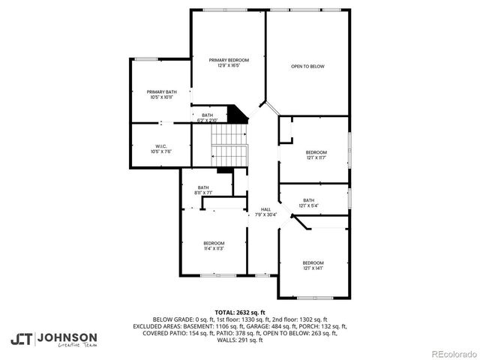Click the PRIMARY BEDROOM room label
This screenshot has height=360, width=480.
229,60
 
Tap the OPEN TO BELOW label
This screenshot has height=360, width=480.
307,67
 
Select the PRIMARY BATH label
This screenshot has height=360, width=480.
161,91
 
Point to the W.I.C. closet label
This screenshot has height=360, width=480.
161,146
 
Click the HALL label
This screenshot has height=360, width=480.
265,209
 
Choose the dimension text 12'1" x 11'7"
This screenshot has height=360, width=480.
316,157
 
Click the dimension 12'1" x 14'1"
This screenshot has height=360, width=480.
313,268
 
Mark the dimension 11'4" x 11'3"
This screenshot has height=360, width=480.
214,248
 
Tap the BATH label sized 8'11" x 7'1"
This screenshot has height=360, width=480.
203,187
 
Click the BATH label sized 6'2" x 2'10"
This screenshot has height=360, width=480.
207,115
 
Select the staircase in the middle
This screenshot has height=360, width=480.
229,145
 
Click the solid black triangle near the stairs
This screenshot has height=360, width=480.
239,115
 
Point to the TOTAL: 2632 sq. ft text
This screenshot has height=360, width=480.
240,312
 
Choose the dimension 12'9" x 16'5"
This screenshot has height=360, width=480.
229,65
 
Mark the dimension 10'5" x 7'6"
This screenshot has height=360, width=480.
161,151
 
